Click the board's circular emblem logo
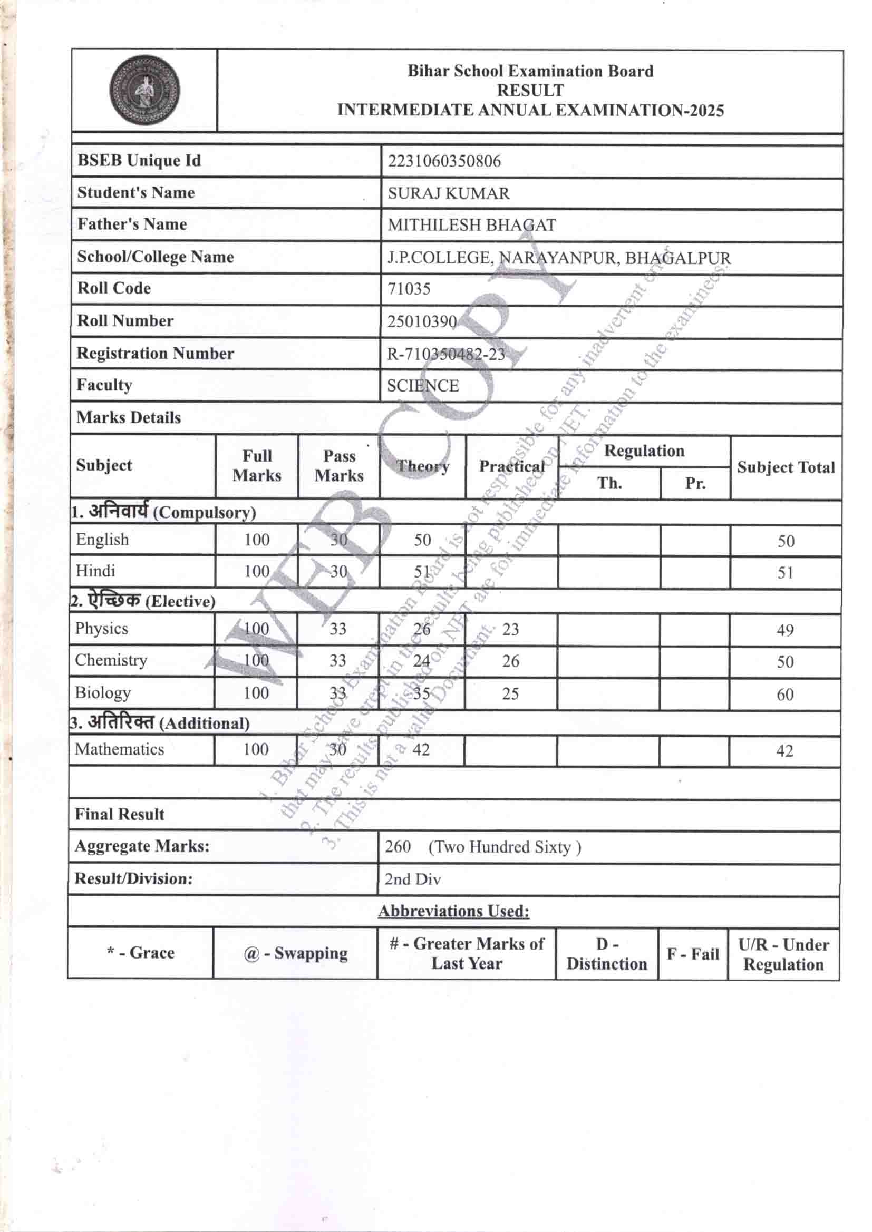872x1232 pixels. (144, 91)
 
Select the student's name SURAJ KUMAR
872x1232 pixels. (448, 194)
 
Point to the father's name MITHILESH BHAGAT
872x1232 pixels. (471, 226)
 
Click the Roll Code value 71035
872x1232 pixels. (409, 289)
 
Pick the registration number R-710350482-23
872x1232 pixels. (445, 354)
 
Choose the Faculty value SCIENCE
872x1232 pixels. (423, 386)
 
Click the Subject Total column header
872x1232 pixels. (786, 467)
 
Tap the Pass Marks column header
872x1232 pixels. (339, 466)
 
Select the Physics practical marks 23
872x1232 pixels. (510, 629)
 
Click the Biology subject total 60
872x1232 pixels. (785, 695)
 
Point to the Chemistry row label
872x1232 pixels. (111, 660)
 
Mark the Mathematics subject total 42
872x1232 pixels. (784, 751)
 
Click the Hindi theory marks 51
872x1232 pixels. (422, 572)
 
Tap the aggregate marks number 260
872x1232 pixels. (398, 847)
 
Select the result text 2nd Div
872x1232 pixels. (412, 879)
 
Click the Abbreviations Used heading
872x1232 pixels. (454, 911)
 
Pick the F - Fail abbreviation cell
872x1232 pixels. (693, 954)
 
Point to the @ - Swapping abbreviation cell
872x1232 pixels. (295, 954)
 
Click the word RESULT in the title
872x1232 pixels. (530, 90)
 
